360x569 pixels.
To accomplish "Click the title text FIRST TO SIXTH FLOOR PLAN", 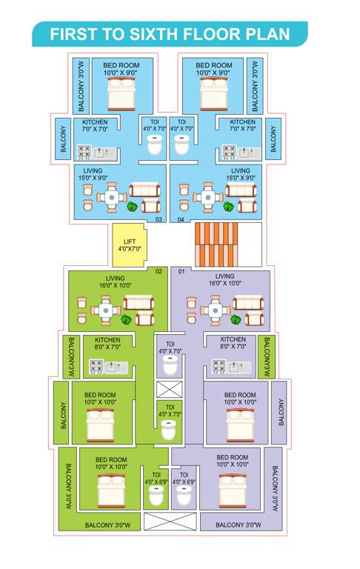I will tap(170, 34).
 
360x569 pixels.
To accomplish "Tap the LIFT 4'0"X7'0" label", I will tap(129, 245).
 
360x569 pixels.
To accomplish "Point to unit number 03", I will tap(158, 219).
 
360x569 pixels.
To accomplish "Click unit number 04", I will tap(181, 219).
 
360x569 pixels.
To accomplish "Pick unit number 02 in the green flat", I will tap(158, 271).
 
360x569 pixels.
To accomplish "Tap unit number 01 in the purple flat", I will tap(181, 271).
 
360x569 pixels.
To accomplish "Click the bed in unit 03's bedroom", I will tap(119, 95).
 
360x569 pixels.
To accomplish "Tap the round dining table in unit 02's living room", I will tap(106, 309).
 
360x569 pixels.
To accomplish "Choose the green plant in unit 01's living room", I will tap(236, 319).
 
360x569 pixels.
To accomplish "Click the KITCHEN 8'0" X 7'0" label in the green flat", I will tap(107, 343).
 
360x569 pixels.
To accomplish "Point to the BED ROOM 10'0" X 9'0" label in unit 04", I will tap(213, 69).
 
